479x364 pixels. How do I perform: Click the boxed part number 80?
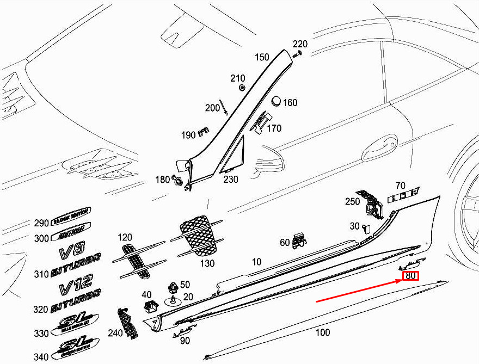(410, 276)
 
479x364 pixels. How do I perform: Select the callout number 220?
(300, 44)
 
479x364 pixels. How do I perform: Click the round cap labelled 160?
(276, 101)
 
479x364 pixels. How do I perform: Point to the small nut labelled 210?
(242, 88)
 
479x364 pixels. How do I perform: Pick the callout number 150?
(262, 57)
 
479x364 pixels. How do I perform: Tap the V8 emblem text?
(72, 252)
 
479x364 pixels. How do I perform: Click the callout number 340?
(41, 357)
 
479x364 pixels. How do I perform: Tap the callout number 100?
(323, 332)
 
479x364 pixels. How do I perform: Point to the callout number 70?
(401, 185)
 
